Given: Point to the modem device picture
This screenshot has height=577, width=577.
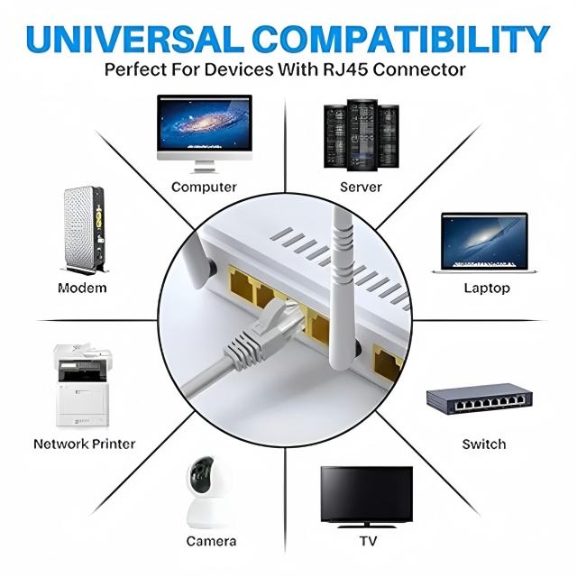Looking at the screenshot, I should [83, 230].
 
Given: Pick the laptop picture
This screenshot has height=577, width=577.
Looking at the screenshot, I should [483, 243].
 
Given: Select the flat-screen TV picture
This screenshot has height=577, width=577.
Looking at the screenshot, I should [367, 495].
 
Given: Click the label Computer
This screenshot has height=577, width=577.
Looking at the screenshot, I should [204, 188].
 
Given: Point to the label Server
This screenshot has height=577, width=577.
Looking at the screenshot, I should [361, 188].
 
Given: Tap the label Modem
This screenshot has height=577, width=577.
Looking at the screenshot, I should [82, 288].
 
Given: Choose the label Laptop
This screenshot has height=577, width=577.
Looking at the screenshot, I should [487, 288].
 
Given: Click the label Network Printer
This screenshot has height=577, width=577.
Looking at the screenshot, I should [84, 444].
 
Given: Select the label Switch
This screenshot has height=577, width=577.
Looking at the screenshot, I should [484, 444].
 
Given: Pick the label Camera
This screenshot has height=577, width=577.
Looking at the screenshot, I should [211, 541].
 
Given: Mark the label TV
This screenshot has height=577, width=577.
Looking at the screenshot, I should [368, 541].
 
